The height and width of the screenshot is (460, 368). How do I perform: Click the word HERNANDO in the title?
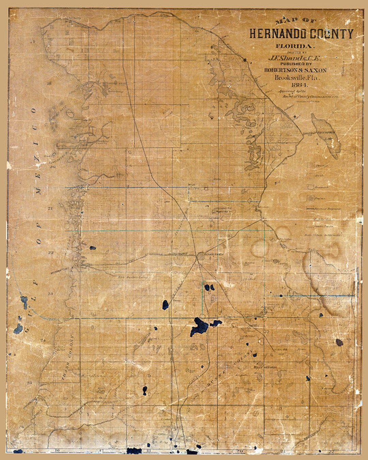(x=278, y=34)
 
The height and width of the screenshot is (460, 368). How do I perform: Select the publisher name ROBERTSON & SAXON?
(x=295, y=70)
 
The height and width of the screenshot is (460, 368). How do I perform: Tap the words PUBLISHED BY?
(x=296, y=64)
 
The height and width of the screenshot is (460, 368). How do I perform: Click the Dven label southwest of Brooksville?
(x=176, y=301)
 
